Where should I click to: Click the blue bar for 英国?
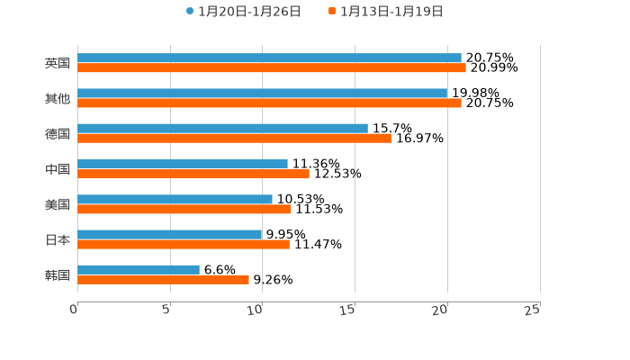point(269,58)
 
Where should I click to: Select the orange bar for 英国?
point(272,67)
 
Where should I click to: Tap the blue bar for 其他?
point(262,93)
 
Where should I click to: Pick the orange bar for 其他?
point(269,103)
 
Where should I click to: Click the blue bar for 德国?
point(222,128)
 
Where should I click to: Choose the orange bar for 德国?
point(234,138)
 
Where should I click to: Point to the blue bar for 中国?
point(183,164)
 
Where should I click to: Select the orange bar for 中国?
point(193,174)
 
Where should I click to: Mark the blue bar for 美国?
point(175,199)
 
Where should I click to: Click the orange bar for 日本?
point(184,244)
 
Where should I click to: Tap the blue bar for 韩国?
point(139,269)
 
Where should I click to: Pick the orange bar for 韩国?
point(163,279)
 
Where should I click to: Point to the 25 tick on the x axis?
point(533,310)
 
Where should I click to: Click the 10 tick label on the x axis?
point(256,310)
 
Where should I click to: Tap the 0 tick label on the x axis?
point(74,310)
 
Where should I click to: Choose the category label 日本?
point(58,239)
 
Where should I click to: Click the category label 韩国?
point(58,274)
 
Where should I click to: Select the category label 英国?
point(58,63)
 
